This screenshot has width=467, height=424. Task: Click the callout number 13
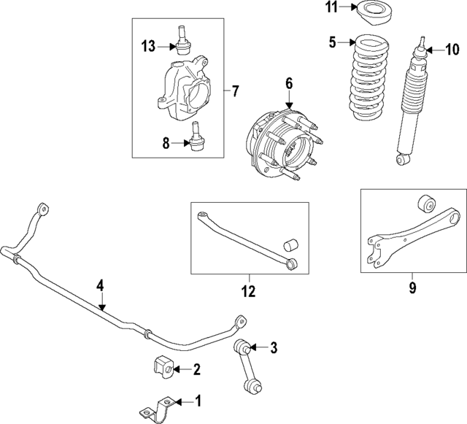tap(148, 47)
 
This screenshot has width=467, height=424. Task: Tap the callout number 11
tap(331, 9)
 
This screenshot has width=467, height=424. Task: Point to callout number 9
tap(412, 288)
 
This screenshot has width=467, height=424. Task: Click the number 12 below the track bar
tap(248, 292)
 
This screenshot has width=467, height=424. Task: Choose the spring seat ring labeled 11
tap(372, 14)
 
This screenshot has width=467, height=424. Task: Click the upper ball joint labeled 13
tap(181, 43)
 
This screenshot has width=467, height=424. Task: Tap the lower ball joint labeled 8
tap(195, 141)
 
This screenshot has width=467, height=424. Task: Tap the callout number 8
tap(166, 144)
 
